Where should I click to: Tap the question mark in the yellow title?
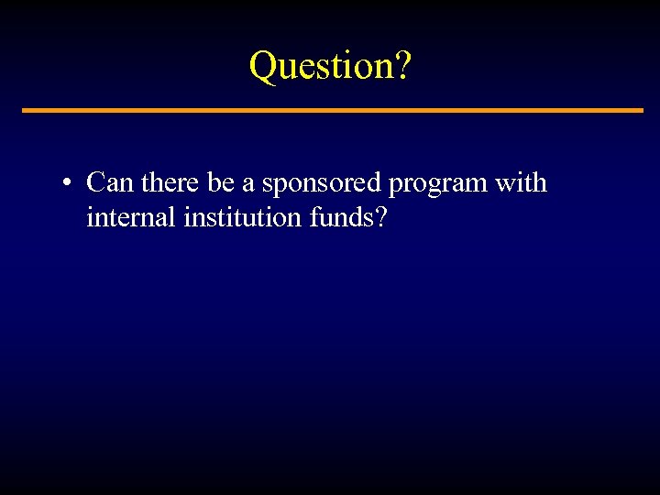pos(403,66)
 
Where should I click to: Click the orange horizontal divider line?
pos(332,110)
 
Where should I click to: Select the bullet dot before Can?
pos(68,184)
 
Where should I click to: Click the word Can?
pos(110,183)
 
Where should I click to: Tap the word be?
pos(221,183)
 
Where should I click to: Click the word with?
pos(521,183)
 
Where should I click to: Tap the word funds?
pos(339,218)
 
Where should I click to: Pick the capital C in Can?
pos(95,183)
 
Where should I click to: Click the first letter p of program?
pos(394,187)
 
